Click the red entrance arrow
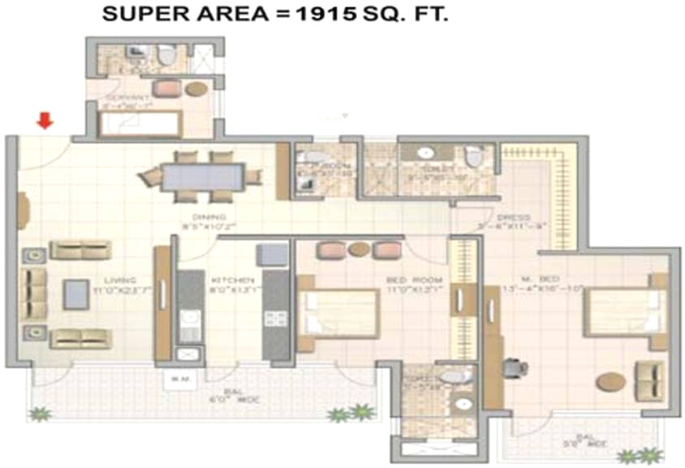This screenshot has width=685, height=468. point(45,121)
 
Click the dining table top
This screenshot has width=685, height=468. point(202,176)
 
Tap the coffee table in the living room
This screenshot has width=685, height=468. point(76,293)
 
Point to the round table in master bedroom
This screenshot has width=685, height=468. point(610,381)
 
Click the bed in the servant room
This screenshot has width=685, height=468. point(138,124)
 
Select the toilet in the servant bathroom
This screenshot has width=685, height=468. point(166,56)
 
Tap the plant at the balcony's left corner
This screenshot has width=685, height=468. point(38,414)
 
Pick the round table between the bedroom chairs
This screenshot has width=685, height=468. point(359,249)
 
